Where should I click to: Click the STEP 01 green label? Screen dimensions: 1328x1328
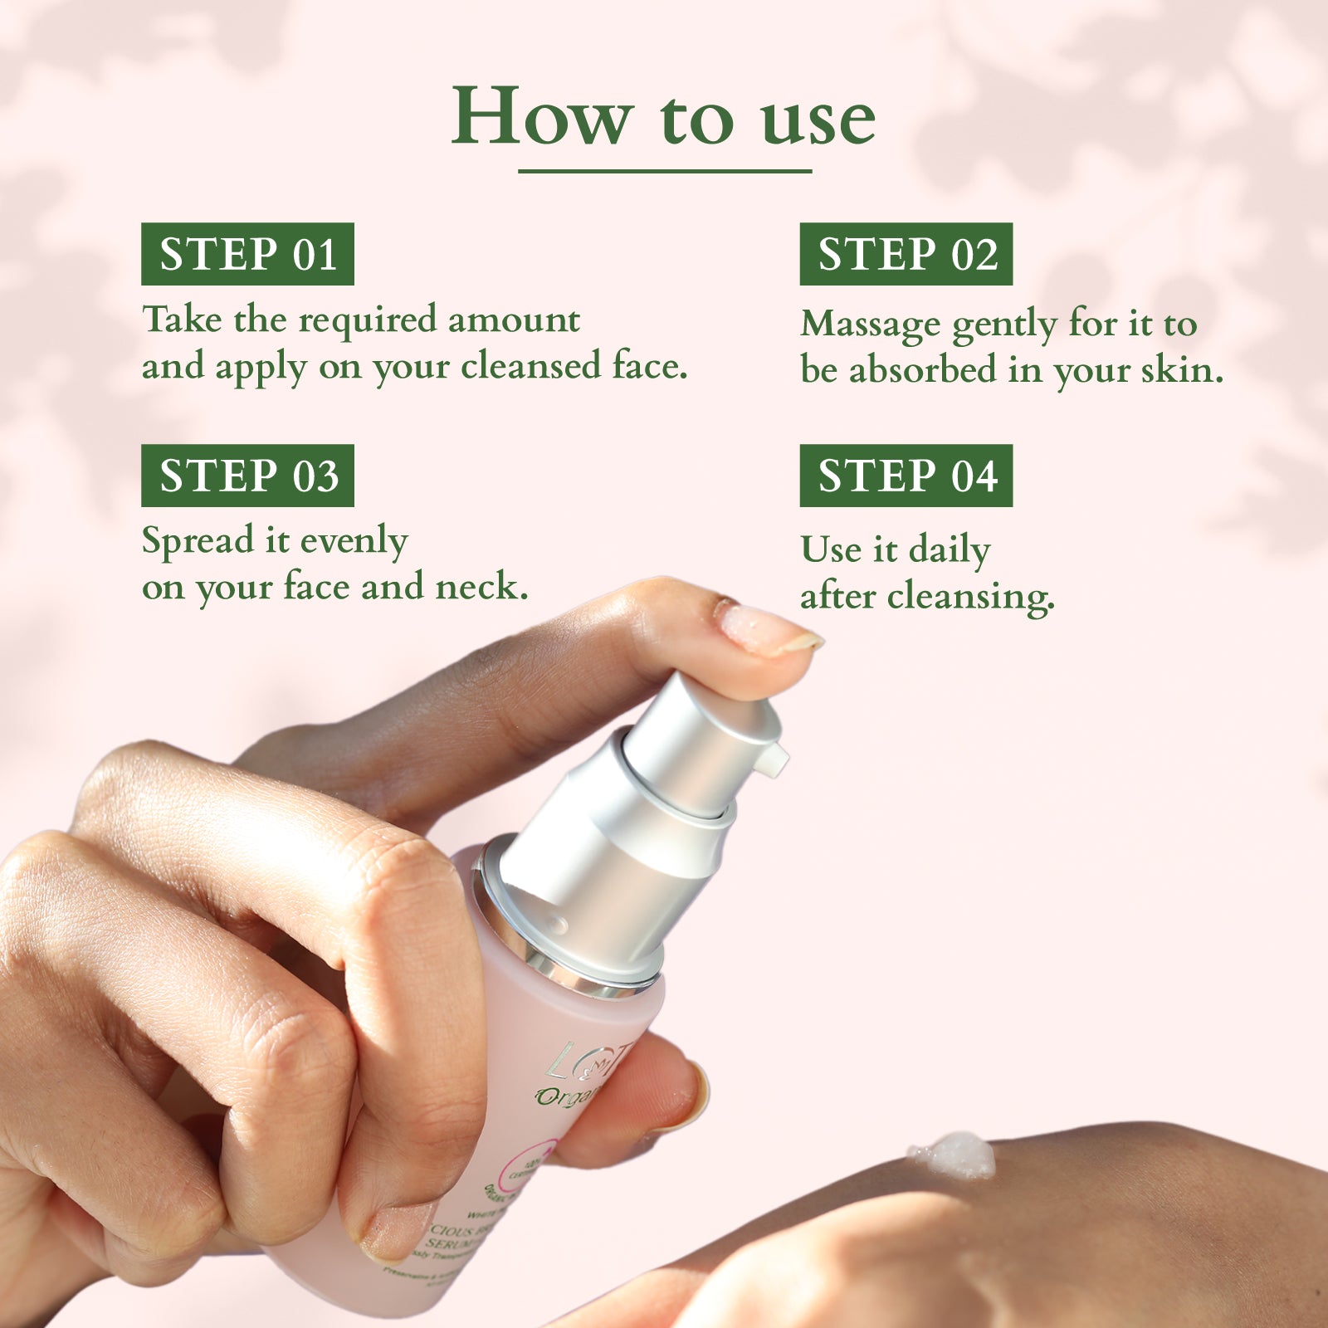247,254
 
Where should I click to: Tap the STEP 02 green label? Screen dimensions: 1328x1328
906,254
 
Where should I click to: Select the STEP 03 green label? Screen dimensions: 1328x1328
247,476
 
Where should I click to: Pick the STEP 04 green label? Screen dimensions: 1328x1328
906,476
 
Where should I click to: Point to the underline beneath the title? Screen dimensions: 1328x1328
664,171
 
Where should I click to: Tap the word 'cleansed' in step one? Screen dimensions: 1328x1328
530,366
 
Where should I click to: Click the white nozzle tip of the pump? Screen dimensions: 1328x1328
775,759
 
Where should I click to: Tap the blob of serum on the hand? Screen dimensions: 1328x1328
953,1155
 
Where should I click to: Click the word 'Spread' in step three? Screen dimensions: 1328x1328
198,541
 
